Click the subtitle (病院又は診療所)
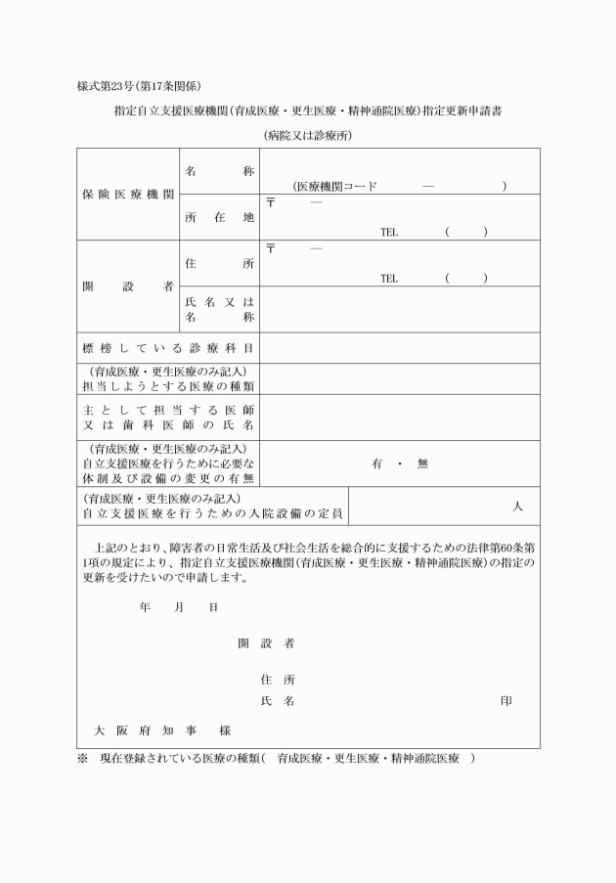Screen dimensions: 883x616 point(307,135)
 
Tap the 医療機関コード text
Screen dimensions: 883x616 point(337,186)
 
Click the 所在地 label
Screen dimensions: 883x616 point(219,217)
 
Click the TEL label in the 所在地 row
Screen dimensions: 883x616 point(389,232)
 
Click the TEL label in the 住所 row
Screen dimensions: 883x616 point(389,278)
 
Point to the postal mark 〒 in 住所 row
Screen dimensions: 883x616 point(271,248)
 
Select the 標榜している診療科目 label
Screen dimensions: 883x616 point(168,347)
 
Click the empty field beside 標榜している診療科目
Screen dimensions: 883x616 point(399,347)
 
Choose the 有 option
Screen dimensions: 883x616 point(376,464)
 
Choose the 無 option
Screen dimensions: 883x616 point(422,464)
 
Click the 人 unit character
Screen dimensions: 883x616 point(517,506)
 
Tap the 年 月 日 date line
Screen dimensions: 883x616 point(179,607)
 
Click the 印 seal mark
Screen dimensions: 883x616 point(506,701)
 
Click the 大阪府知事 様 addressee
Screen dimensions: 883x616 point(161,730)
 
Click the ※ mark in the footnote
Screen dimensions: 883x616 point(82,759)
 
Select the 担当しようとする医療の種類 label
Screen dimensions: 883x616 point(168,385)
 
